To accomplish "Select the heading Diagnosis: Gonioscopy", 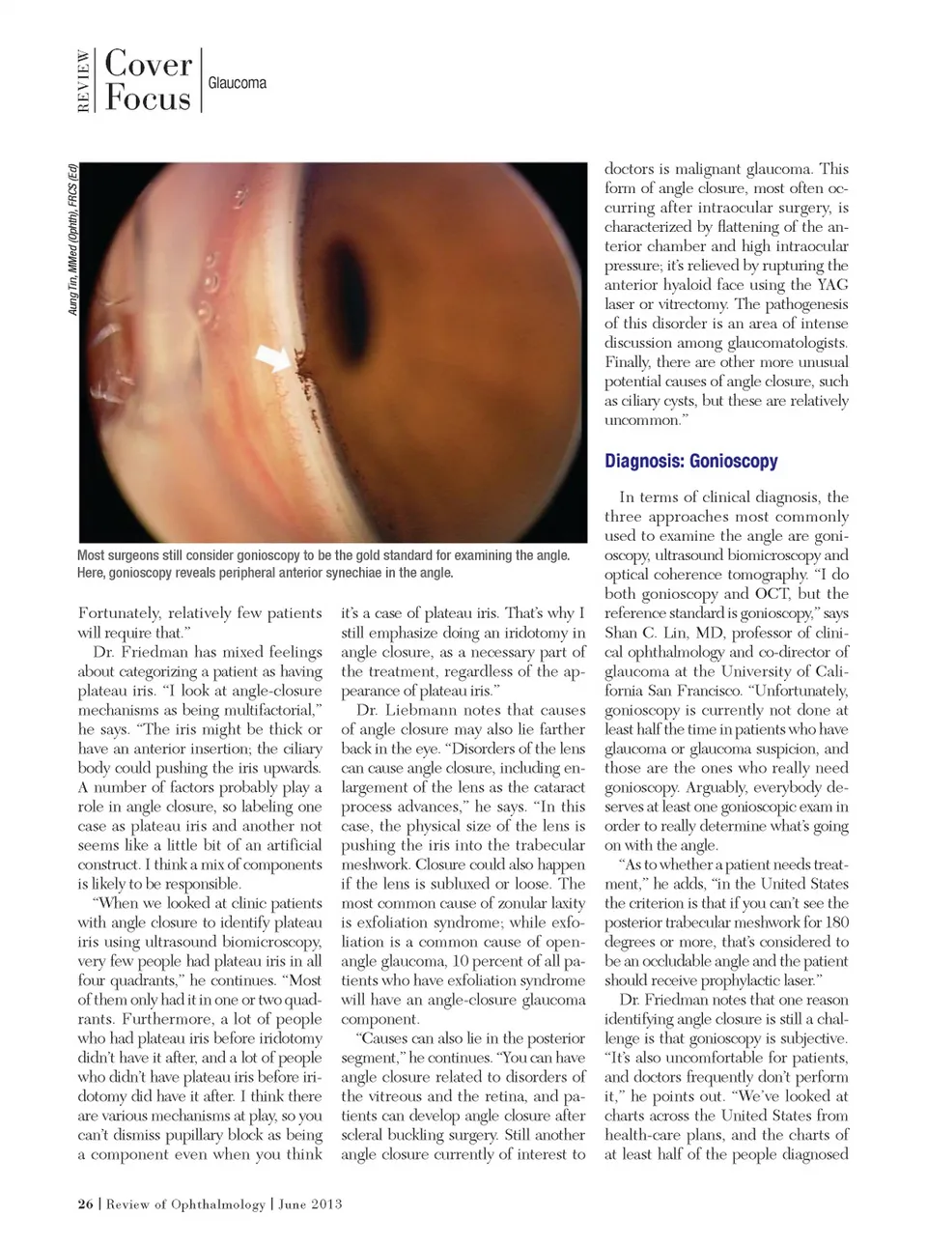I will click(x=690, y=461).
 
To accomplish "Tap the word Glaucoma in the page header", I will click(x=237, y=83).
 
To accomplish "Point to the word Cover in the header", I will click(x=148, y=64).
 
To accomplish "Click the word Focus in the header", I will click(x=148, y=99).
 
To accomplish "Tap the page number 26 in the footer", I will click(x=85, y=1204).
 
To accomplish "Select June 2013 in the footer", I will click(x=310, y=1204).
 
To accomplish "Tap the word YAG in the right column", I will click(x=832, y=285).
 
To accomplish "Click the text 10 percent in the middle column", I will click(x=489, y=961).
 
